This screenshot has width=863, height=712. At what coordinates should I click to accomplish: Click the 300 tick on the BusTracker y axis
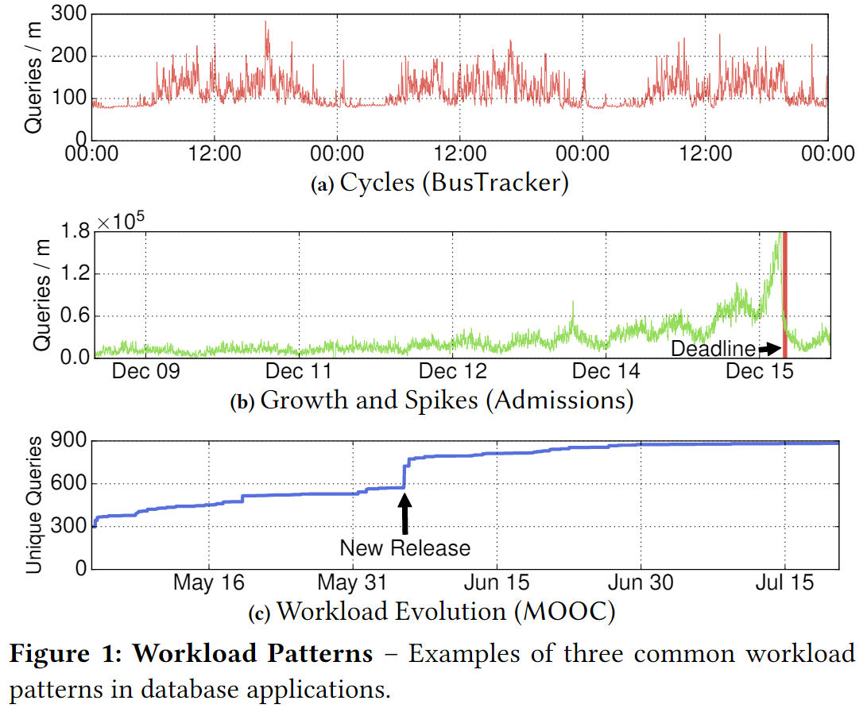(68, 14)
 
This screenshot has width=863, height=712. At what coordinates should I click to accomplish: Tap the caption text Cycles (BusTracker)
(454, 184)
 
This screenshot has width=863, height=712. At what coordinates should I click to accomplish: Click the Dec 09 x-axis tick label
(145, 372)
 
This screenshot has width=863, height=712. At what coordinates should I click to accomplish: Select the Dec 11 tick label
(298, 372)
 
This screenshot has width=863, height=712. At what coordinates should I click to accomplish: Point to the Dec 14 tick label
(606, 372)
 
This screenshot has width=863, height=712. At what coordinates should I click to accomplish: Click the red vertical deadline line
(784, 294)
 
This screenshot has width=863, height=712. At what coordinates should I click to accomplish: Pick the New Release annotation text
(404, 548)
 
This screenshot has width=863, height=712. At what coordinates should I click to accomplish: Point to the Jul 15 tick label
(785, 583)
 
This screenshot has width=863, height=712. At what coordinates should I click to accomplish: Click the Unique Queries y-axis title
(35, 505)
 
